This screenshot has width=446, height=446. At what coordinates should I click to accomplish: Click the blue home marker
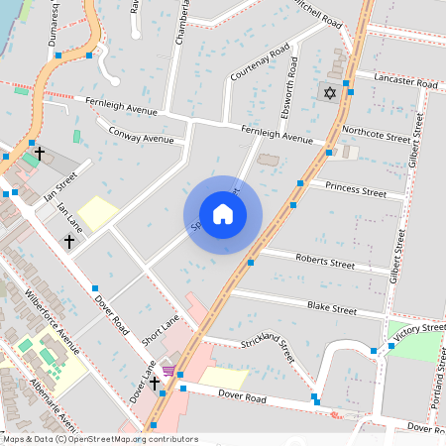click(223, 213)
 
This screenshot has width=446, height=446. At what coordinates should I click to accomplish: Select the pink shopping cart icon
click(168, 372)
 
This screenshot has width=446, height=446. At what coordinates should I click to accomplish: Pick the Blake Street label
click(331, 309)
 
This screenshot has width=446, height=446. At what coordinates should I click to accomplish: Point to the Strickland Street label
click(268, 348)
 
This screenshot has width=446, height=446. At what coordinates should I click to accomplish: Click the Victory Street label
click(419, 328)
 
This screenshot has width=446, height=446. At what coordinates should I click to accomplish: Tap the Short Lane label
click(159, 329)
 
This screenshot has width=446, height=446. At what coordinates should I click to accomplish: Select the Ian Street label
click(59, 185)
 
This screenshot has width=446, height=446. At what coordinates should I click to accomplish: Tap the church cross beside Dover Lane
click(154, 383)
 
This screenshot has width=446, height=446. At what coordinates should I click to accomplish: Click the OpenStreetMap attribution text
click(100, 438)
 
